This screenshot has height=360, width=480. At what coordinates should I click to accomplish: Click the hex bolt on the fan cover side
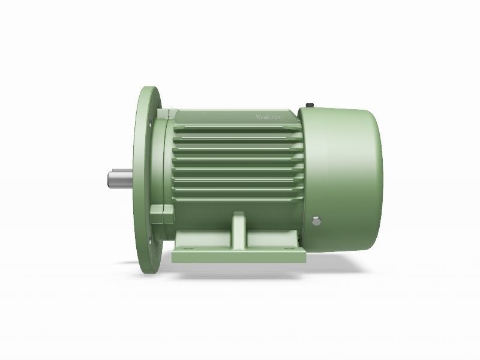pos(317,220)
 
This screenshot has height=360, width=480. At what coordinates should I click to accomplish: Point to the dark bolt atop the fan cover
pos(310,106)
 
